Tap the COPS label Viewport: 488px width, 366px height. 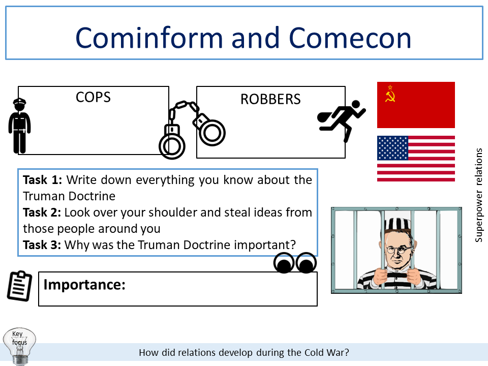(93, 97)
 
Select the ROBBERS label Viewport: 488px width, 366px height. (270, 99)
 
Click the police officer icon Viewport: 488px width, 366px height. (19, 126)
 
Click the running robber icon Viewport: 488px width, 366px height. (341, 120)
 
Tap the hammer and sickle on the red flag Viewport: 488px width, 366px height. (390, 94)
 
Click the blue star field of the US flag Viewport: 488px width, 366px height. (392, 148)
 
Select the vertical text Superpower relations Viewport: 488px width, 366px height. (479, 195)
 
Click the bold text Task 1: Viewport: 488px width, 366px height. (43, 180)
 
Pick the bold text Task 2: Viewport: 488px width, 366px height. (43, 212)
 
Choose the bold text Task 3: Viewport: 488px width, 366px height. (43, 245)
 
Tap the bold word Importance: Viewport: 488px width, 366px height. (84, 285)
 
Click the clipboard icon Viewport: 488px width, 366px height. (19, 286)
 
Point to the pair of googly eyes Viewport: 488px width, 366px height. (295, 263)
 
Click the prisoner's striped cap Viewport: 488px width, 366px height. (396, 224)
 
